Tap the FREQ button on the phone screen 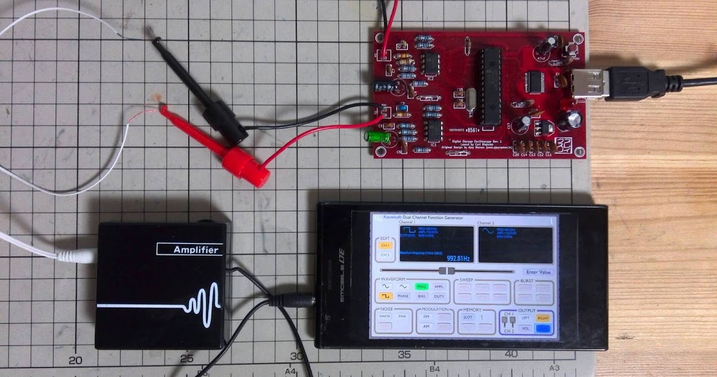pos(422,287)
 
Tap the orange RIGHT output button pos(543,318)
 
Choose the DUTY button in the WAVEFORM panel pos(439,296)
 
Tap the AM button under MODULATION pos(426,327)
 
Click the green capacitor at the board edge pos(378,138)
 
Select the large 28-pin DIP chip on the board pos(488,86)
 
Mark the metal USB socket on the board pos(589,83)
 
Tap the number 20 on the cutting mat pos(75,360)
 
